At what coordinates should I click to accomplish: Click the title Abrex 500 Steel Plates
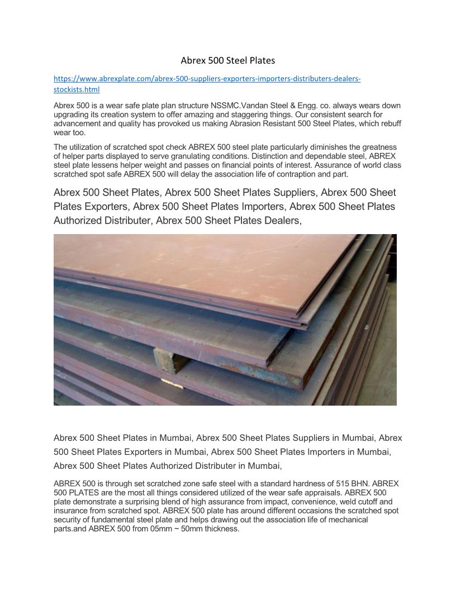point(228,60)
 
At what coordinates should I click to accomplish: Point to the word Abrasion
point(259,124)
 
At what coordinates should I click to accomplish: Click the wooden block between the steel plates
point(170,360)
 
